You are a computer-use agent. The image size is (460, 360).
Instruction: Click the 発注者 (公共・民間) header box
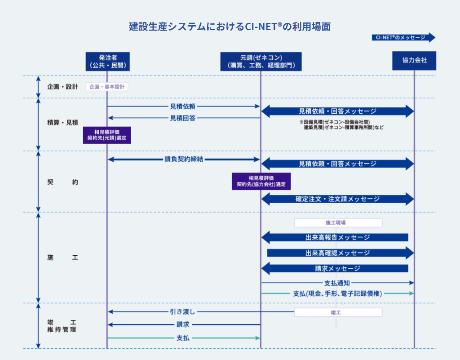click(107, 62)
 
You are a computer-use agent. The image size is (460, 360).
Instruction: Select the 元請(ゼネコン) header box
click(261, 62)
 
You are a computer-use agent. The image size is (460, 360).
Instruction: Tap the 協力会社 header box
click(414, 60)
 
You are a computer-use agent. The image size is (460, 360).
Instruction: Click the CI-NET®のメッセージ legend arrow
click(403, 37)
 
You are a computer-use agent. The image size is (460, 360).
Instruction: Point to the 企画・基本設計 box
click(107, 87)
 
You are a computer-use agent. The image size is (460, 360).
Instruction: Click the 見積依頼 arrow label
click(182, 107)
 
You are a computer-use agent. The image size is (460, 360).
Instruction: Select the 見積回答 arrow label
click(182, 118)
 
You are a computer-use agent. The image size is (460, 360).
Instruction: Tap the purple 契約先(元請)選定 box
click(107, 135)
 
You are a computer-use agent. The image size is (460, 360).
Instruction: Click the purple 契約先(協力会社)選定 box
click(261, 181)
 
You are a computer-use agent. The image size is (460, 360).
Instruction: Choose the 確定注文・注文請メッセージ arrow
click(337, 199)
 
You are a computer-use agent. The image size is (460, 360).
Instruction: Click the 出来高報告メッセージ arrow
click(337, 237)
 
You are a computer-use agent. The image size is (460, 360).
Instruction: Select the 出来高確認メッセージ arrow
click(337, 253)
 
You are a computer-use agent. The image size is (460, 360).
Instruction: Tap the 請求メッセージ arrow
click(337, 269)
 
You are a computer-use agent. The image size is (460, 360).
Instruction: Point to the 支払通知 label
click(337, 283)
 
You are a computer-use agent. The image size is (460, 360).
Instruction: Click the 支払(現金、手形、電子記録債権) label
click(337, 293)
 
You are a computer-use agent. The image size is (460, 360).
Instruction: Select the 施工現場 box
click(338, 222)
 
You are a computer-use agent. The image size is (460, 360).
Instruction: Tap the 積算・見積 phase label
click(62, 122)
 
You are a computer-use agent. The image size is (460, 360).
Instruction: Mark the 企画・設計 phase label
click(62, 87)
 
